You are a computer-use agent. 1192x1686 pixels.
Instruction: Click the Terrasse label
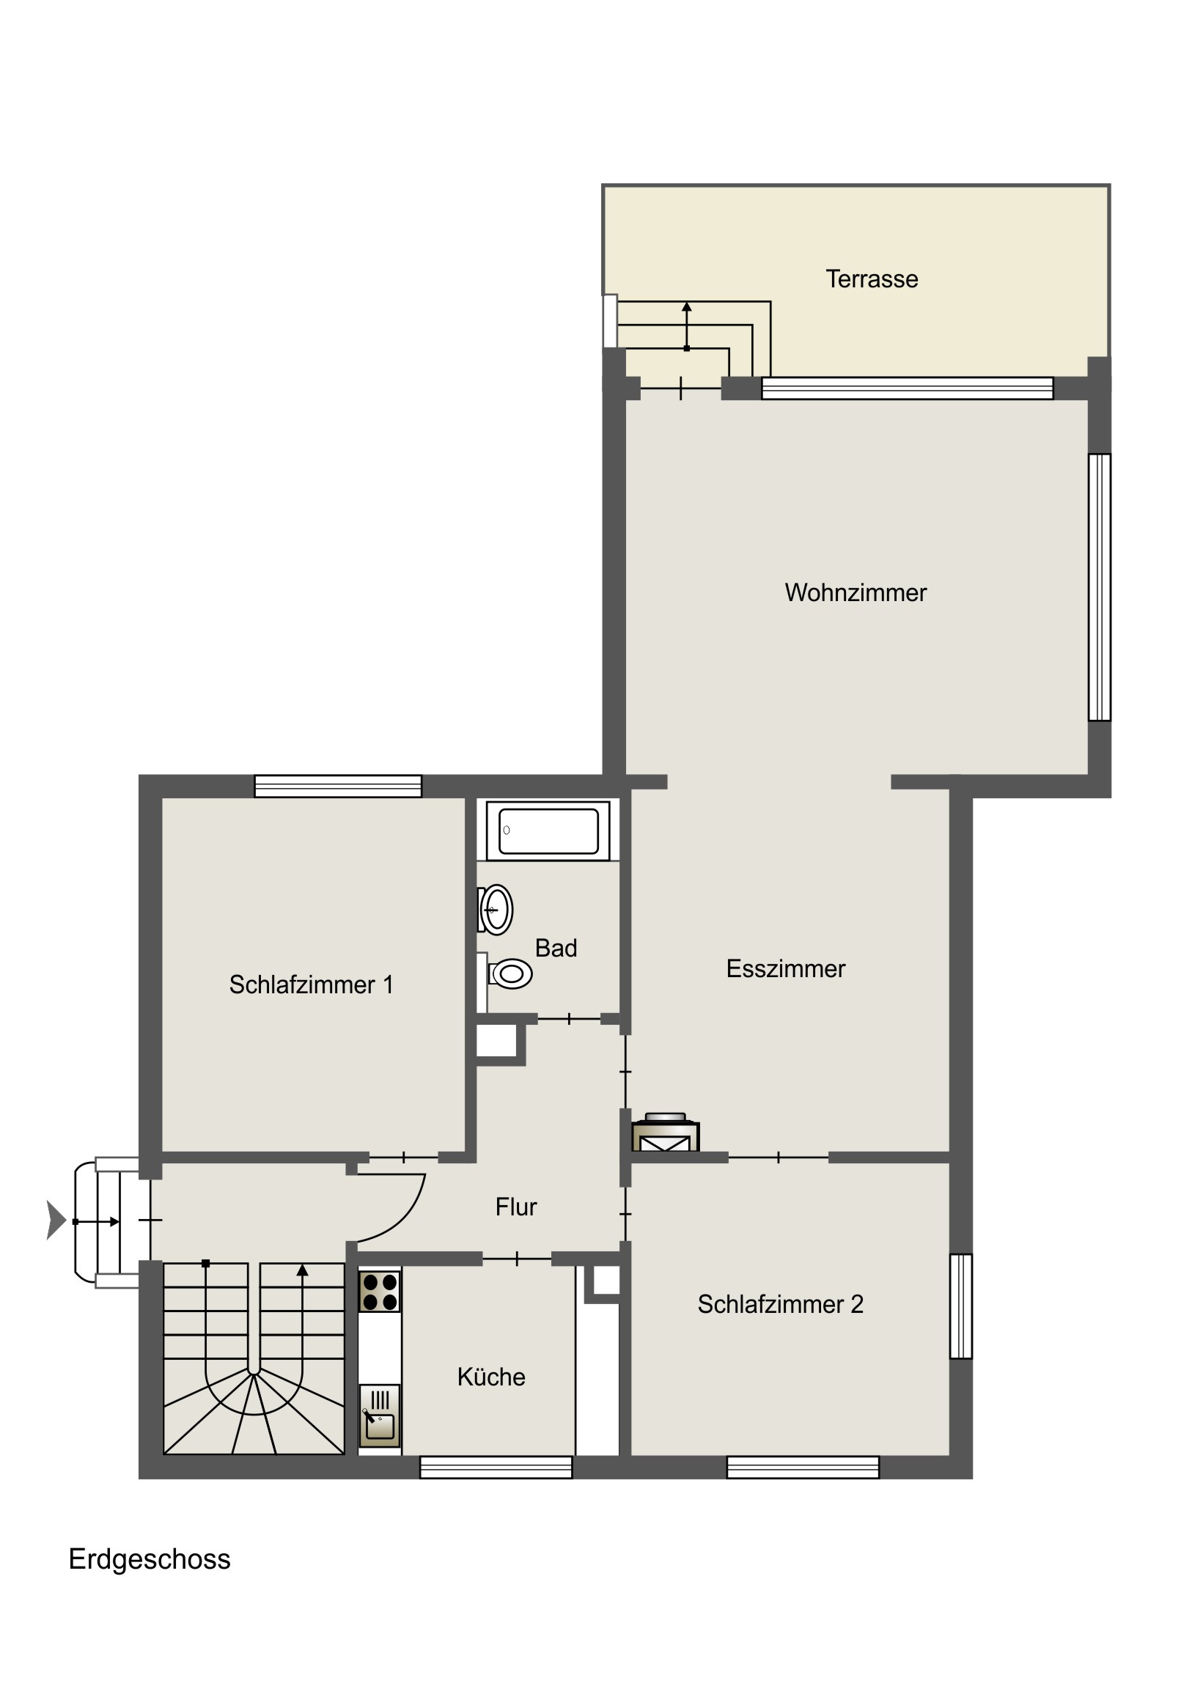(872, 279)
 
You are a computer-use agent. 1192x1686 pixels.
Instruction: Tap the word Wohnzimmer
(856, 592)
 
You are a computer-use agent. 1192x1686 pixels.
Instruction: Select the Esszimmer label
(786, 968)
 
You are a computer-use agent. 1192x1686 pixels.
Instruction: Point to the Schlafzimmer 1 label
(312, 984)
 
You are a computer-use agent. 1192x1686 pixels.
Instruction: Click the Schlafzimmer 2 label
(781, 1304)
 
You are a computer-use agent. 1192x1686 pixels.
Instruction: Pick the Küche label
(491, 1377)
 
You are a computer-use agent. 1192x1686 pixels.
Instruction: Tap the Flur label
(516, 1207)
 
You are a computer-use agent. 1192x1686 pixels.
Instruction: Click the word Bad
(556, 948)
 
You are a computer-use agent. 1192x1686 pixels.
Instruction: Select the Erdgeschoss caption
(150, 1559)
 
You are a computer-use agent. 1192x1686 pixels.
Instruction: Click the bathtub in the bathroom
(548, 831)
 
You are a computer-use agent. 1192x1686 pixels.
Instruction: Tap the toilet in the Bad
(507, 974)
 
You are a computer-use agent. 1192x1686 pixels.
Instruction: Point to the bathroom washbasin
(496, 910)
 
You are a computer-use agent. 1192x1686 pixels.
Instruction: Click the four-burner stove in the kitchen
(380, 1292)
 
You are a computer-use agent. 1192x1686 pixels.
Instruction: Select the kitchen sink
(380, 1416)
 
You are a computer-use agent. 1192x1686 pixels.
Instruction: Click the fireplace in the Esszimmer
(666, 1133)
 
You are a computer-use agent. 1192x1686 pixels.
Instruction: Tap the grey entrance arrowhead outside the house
(56, 1221)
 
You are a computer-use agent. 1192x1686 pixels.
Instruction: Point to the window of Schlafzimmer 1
(338, 787)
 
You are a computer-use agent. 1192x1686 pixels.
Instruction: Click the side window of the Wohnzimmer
(1100, 587)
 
